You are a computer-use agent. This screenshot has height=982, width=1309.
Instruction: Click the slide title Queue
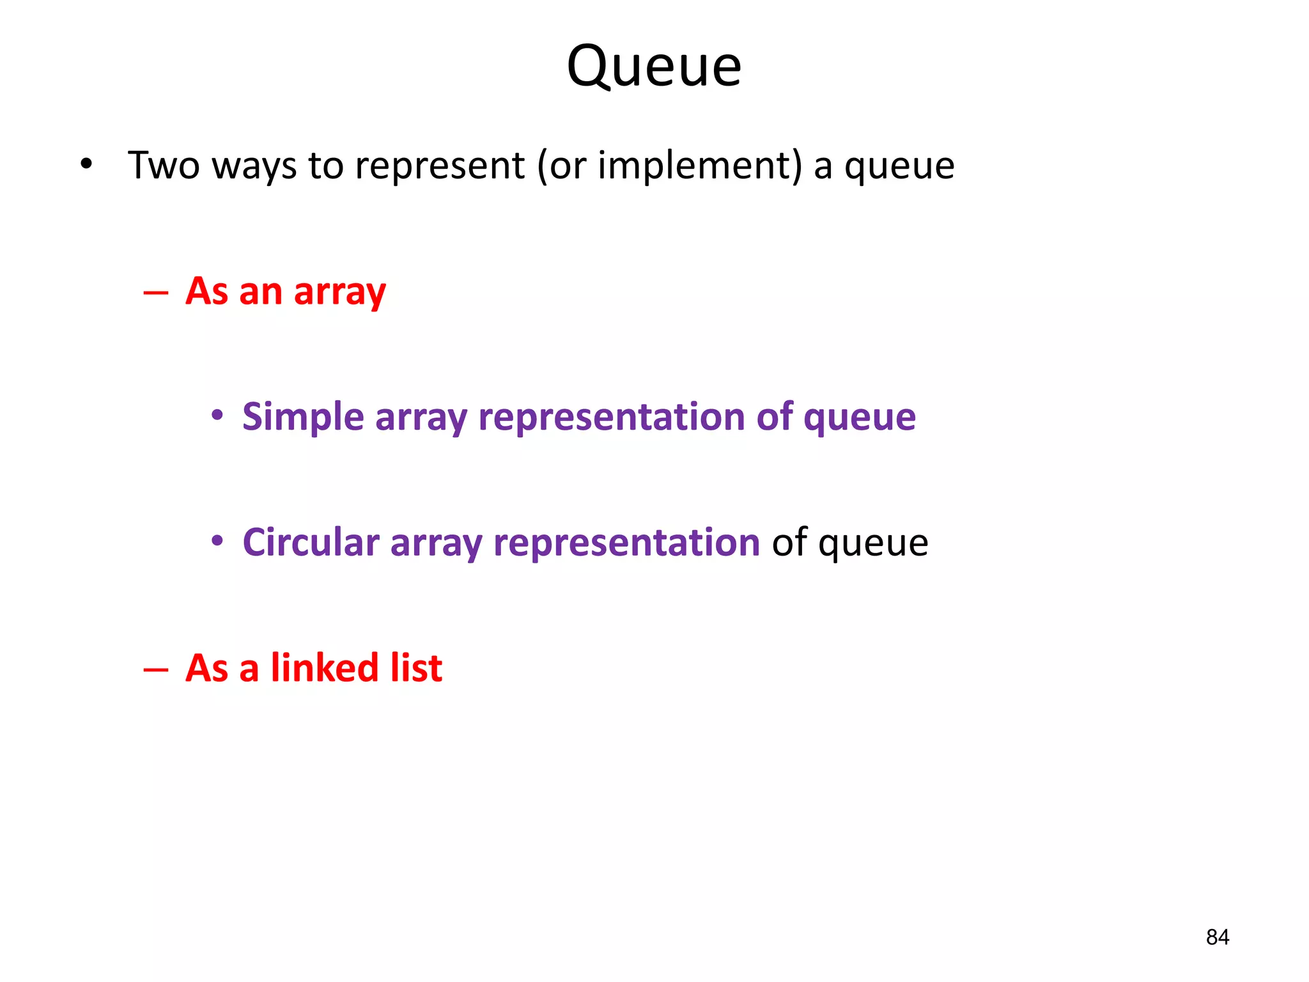pyautogui.click(x=654, y=66)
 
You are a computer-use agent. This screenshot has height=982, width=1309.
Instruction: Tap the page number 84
pyautogui.click(x=1217, y=937)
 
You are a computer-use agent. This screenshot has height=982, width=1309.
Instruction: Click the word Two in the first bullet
pyautogui.click(x=164, y=165)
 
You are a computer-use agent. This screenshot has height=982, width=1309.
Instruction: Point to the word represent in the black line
pyautogui.click(x=440, y=165)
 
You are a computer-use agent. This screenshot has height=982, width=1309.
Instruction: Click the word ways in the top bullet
pyautogui.click(x=254, y=165)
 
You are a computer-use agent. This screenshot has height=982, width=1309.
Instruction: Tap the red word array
pyautogui.click(x=339, y=292)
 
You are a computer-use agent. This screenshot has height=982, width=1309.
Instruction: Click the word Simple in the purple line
pyautogui.click(x=303, y=417)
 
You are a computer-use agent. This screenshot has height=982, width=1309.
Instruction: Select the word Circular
pyautogui.click(x=311, y=542)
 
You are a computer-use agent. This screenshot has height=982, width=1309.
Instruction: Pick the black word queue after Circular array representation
pyautogui.click(x=873, y=543)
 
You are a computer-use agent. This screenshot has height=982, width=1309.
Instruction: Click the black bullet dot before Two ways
pyautogui.click(x=86, y=165)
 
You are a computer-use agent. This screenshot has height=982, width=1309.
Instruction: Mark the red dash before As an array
pyautogui.click(x=156, y=293)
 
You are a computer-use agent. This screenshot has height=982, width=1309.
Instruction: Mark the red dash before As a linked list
pyautogui.click(x=156, y=669)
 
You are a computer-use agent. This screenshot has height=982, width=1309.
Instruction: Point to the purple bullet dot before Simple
pyautogui.click(x=217, y=416)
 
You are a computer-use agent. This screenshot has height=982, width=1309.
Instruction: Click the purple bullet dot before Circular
pyautogui.click(x=217, y=541)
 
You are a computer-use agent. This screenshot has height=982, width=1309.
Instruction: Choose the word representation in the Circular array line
pyautogui.click(x=626, y=543)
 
